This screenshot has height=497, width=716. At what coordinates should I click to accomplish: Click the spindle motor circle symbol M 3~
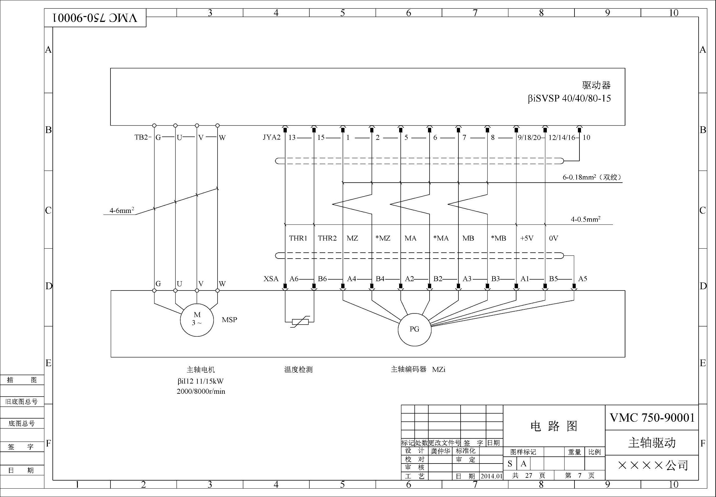(197, 320)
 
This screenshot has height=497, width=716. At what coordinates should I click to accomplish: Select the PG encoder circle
(414, 329)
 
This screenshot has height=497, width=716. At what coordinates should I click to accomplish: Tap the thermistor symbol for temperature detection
(300, 322)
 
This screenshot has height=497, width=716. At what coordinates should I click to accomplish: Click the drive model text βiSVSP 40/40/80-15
(569, 99)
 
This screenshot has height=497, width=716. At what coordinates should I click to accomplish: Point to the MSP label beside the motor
(229, 320)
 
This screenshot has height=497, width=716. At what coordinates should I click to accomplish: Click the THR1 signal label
(298, 238)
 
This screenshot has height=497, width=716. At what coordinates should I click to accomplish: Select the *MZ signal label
(383, 238)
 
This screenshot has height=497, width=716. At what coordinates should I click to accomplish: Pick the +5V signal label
(527, 238)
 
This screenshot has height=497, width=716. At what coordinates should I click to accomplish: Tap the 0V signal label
(553, 238)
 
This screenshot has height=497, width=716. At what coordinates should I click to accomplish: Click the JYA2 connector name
(272, 137)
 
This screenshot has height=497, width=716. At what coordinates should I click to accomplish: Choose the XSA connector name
(271, 279)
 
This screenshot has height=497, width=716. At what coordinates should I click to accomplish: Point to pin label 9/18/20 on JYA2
(529, 137)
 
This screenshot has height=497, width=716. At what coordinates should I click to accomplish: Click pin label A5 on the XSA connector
(583, 279)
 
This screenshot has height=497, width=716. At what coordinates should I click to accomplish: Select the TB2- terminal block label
(143, 137)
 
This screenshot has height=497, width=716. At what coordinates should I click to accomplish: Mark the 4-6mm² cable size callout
(122, 211)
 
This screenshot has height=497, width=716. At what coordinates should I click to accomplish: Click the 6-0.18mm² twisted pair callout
(592, 177)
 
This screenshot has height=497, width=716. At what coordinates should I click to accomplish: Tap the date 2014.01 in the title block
(492, 476)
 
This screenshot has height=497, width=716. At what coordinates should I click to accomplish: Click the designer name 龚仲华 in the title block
(440, 451)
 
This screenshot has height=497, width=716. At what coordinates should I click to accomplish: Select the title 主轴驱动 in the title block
(651, 442)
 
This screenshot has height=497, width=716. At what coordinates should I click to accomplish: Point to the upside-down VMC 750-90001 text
(95, 18)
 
